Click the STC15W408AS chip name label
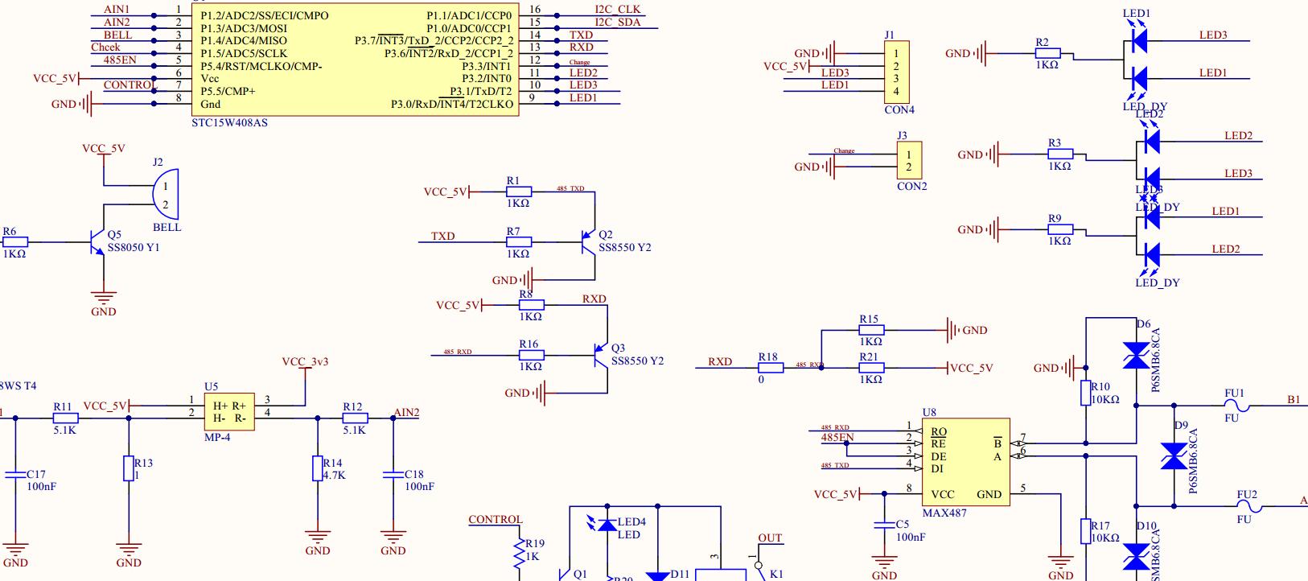click(x=229, y=123)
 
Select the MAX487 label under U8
click(x=944, y=513)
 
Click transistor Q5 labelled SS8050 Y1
click(x=99, y=241)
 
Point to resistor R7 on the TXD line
click(x=519, y=241)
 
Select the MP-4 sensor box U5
click(x=228, y=411)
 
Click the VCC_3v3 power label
click(x=305, y=362)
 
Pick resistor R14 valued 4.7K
click(x=318, y=468)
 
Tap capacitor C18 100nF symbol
click(x=393, y=475)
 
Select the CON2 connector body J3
click(x=908, y=160)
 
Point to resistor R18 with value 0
click(x=770, y=368)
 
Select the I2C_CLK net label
click(x=617, y=10)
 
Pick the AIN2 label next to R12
click(x=406, y=413)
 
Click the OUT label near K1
click(x=769, y=538)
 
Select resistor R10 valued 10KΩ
click(x=1086, y=394)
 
